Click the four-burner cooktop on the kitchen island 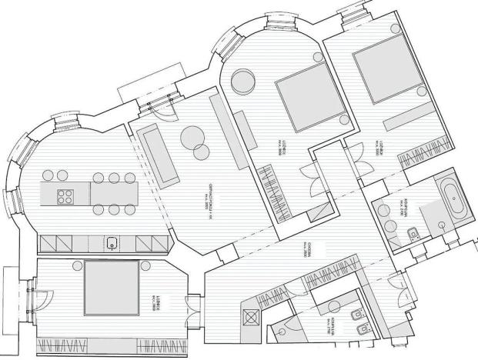point(65,195)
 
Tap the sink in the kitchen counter point(112,245)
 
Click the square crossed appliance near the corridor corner point(251,315)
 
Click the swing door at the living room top point(157,112)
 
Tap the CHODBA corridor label point(306,253)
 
